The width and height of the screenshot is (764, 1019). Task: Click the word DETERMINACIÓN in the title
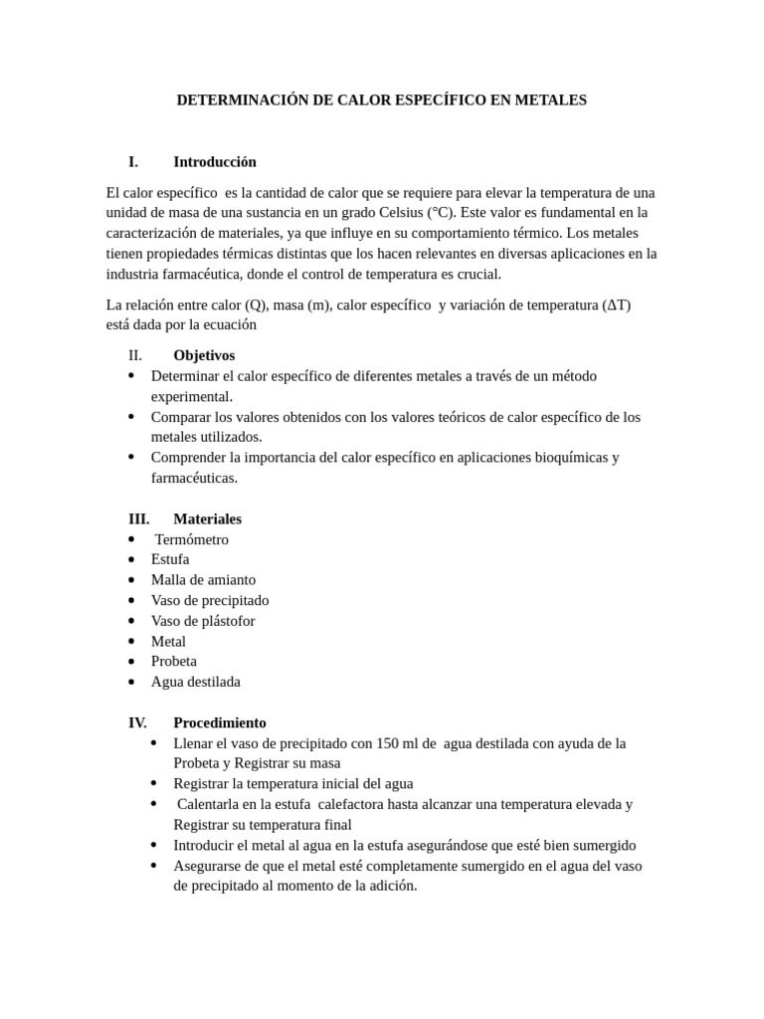tap(233, 101)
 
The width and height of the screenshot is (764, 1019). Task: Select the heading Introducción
tap(215, 161)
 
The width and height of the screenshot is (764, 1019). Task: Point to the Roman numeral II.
tap(135, 355)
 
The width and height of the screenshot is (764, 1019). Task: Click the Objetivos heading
tap(204, 355)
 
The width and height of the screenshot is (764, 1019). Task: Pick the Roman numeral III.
tap(138, 518)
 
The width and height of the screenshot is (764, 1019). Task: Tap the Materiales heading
tap(207, 518)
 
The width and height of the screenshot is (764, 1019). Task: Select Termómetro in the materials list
tap(192, 539)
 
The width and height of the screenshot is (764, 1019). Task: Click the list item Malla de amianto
tap(203, 580)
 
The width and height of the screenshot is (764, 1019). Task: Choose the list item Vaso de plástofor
tap(203, 621)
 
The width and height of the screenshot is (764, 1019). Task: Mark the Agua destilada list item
tap(196, 682)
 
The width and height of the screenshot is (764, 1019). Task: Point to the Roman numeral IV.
tap(137, 722)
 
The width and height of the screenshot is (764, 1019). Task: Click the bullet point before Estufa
tap(131, 560)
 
